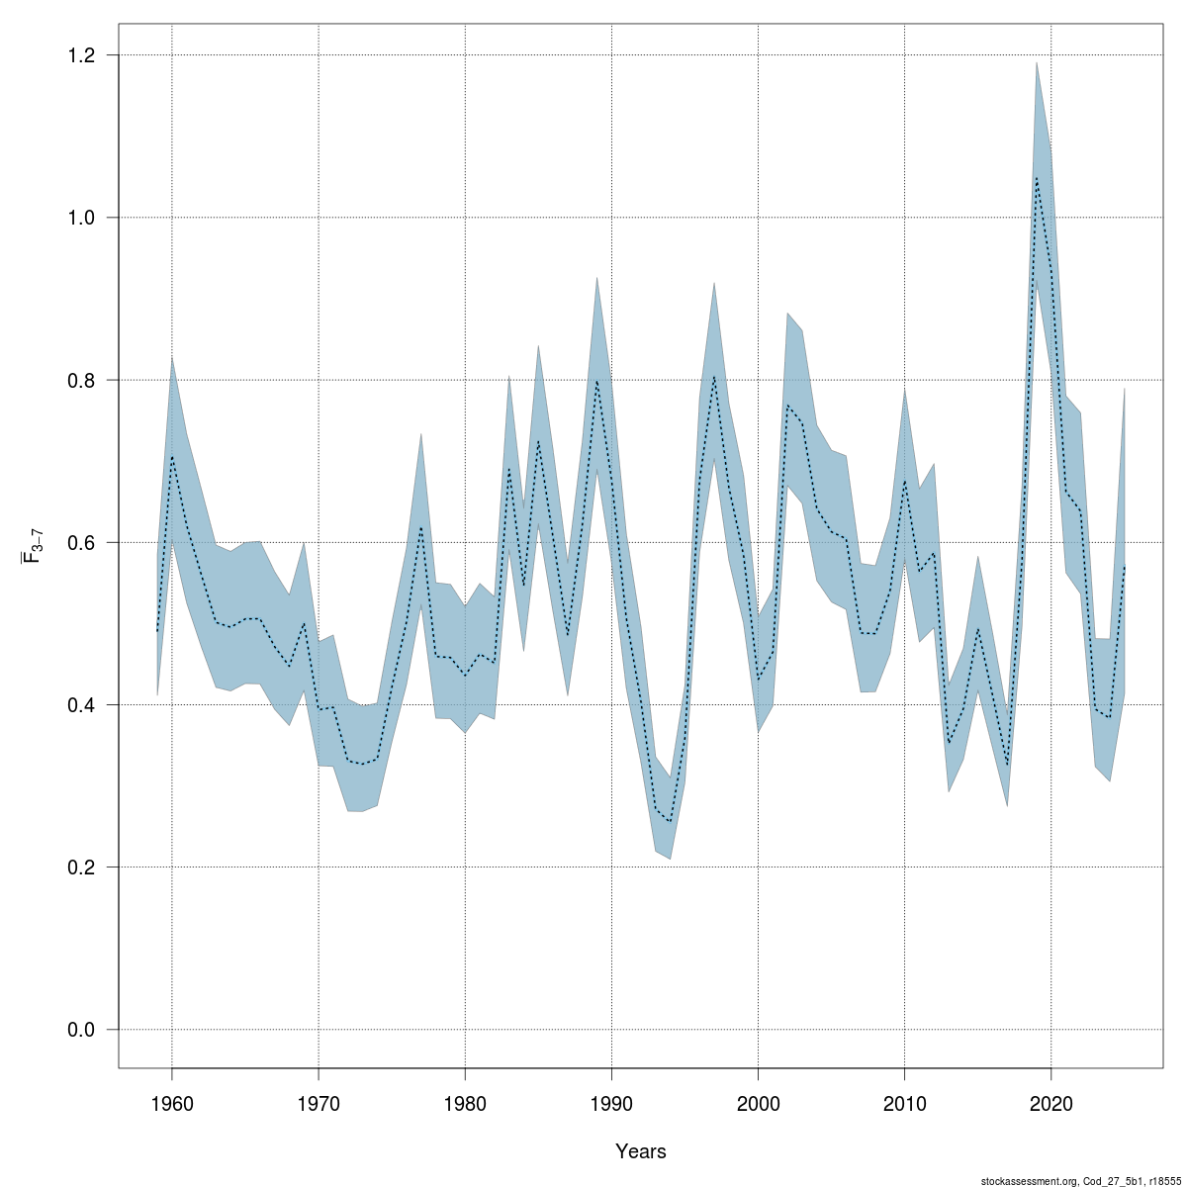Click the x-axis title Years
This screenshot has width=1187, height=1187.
[640, 1151]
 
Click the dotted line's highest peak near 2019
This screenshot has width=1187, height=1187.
[1037, 178]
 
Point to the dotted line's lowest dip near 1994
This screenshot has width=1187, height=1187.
[671, 822]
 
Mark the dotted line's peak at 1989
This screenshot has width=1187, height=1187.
[596, 381]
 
